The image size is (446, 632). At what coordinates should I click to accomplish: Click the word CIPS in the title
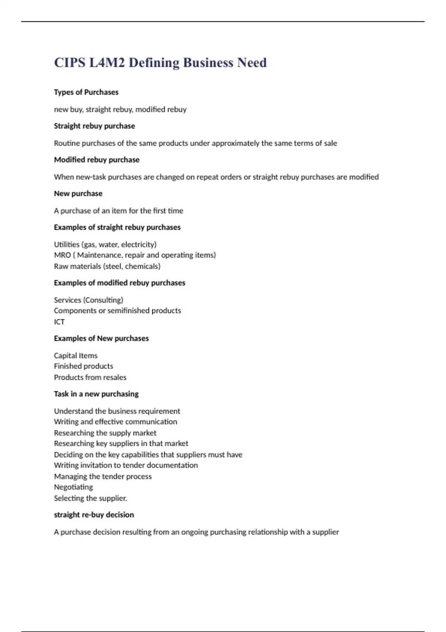point(70,62)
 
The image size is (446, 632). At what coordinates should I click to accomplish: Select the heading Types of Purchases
point(86,92)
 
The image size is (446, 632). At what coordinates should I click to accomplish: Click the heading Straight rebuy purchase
point(94,126)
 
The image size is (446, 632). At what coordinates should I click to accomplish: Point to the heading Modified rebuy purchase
point(97,160)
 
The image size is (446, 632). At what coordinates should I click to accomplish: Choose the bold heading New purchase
point(78,194)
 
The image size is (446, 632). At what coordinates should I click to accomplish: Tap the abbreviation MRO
point(62,255)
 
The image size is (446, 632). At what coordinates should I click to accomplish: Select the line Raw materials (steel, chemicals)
point(107,266)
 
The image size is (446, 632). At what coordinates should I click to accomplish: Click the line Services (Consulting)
point(88,300)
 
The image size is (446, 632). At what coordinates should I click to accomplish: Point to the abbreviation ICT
point(59,322)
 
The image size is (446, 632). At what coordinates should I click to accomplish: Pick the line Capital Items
point(76,356)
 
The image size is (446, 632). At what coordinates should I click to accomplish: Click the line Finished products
point(84,366)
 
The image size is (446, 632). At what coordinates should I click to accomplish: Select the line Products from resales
point(90,377)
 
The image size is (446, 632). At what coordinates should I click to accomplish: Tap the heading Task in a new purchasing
point(96,394)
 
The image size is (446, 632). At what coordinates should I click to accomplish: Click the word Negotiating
point(73,487)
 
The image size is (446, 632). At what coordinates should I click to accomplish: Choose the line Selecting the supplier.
point(90,498)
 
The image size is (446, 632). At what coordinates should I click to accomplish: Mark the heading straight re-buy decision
point(94,515)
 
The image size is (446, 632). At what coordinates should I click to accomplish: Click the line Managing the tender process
point(103,477)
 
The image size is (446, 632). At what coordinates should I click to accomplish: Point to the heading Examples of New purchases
point(101,339)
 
